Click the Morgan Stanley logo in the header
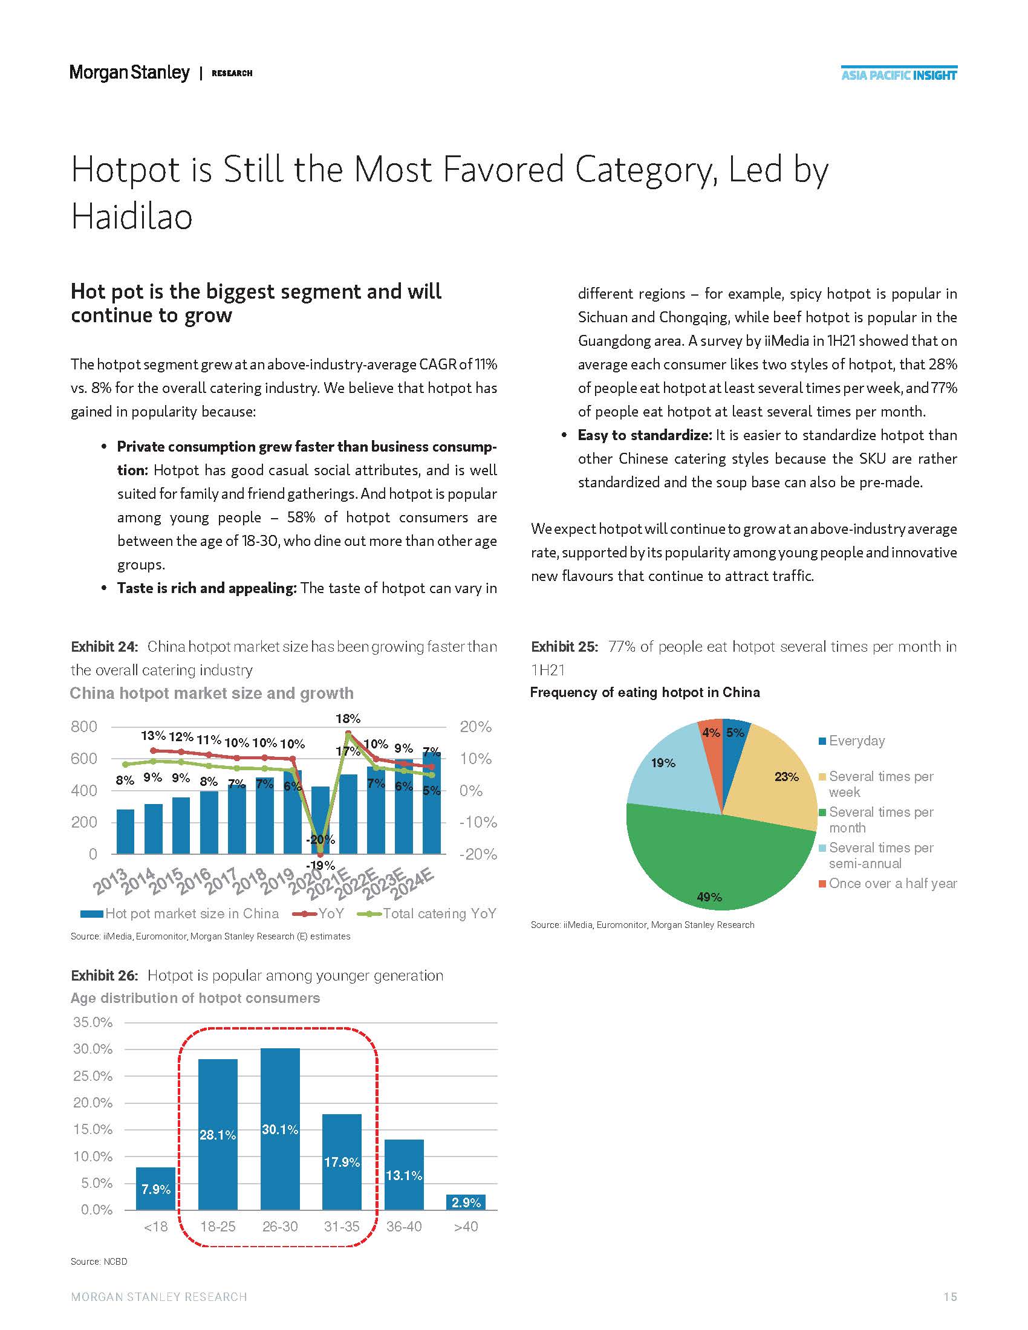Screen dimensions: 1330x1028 click(x=129, y=73)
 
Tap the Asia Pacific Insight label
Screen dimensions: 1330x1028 click(x=899, y=76)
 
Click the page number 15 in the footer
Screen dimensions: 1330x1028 click(x=950, y=1297)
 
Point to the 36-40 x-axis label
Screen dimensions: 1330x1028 click(x=404, y=1227)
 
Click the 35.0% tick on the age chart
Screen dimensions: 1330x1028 click(x=93, y=1022)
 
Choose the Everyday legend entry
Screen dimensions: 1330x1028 click(x=856, y=741)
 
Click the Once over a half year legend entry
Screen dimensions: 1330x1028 click(x=892, y=884)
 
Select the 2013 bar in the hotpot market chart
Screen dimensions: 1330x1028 click(x=125, y=831)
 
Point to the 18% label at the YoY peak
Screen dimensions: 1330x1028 click(x=348, y=719)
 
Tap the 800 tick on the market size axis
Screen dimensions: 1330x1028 click(x=84, y=727)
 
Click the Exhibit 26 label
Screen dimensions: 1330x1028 click(x=104, y=976)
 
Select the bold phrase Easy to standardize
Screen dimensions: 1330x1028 click(x=645, y=435)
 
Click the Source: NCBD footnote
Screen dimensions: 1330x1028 click(x=99, y=1262)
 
